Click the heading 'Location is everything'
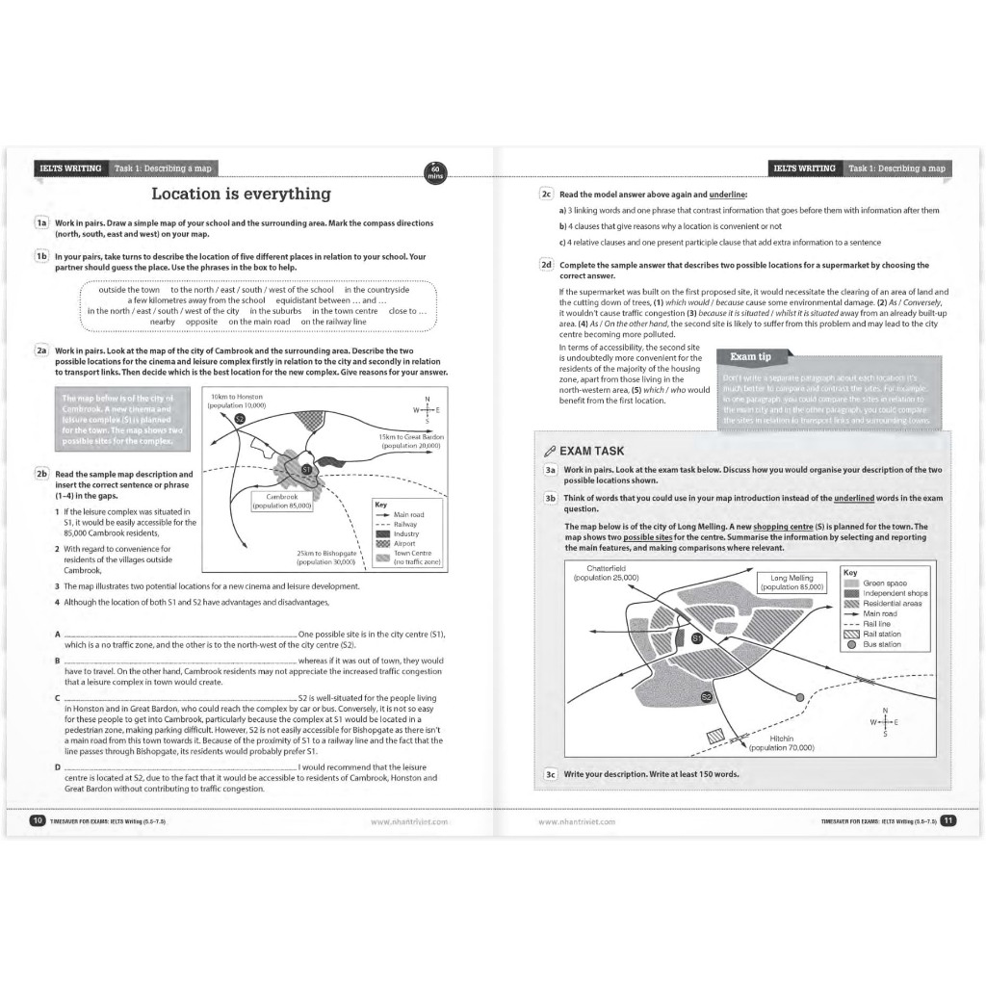click(241, 195)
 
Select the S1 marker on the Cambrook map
click(307, 469)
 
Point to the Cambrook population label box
click(281, 502)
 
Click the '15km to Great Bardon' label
click(410, 441)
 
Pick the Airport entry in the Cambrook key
click(404, 543)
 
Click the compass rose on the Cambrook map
click(426, 409)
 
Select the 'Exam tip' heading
click(751, 356)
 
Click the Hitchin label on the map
click(781, 742)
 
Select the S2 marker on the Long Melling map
click(706, 697)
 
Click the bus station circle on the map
click(799, 696)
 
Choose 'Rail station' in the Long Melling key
click(881, 634)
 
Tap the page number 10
click(37, 821)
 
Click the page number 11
click(947, 821)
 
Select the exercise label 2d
click(545, 265)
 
